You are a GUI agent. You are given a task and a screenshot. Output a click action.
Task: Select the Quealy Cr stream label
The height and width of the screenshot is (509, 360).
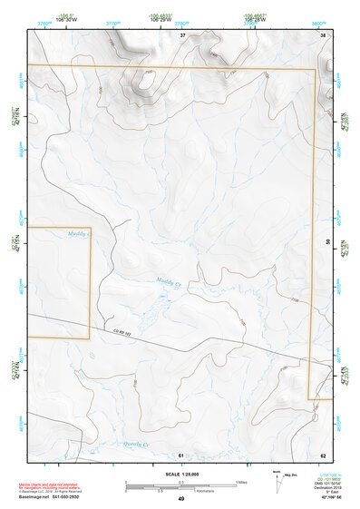pyautogui.click(x=134, y=444)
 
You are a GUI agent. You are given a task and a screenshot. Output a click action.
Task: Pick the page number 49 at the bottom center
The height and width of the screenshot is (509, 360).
pyautogui.click(x=180, y=499)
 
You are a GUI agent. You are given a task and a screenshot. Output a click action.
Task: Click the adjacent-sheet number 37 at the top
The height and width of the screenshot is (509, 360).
pyautogui.click(x=182, y=35)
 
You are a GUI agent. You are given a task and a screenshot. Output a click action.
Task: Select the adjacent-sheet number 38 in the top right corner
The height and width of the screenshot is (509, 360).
pyautogui.click(x=323, y=35)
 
